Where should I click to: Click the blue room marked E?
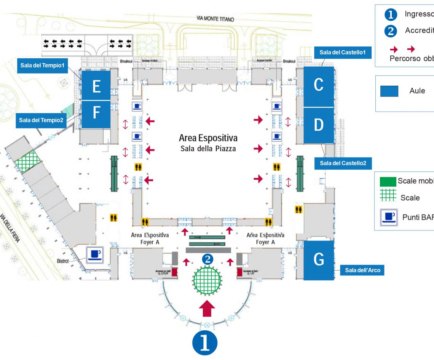click(96, 86)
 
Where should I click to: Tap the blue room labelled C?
click(318, 86)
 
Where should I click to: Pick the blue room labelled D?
click(318, 125)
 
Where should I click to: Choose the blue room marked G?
click(318, 260)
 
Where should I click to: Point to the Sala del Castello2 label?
click(343, 163)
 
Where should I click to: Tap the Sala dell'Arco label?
click(362, 270)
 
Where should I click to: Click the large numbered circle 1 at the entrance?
click(205, 342)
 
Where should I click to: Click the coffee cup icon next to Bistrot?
click(94, 254)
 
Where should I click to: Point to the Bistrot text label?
click(63, 261)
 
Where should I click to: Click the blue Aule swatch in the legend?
click(389, 91)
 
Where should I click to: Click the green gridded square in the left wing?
click(28, 161)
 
